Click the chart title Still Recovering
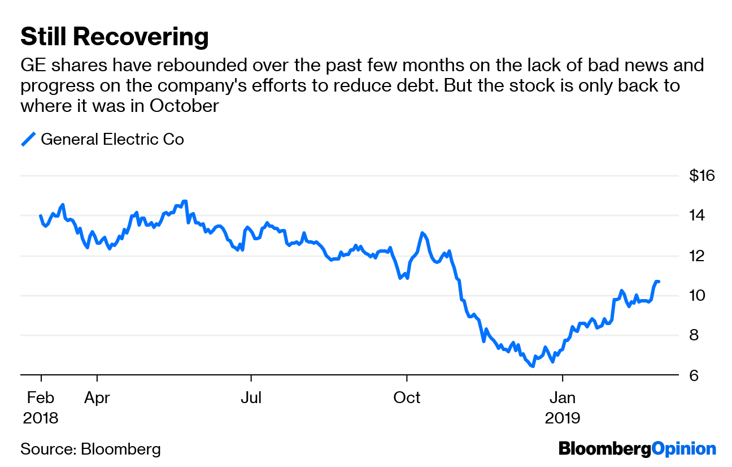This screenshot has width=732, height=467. click(x=115, y=37)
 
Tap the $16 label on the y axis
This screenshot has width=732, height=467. click(x=702, y=176)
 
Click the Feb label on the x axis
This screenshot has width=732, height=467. click(x=41, y=398)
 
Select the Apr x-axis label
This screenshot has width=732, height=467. click(x=97, y=398)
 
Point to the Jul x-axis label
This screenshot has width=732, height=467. click(x=251, y=398)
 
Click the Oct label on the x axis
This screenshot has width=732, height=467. click(x=407, y=398)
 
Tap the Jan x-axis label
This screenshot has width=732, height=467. click(x=563, y=398)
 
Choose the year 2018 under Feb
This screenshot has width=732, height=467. click(x=41, y=418)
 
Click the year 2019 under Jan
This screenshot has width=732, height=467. click(x=563, y=418)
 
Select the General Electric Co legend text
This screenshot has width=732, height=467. click(x=112, y=139)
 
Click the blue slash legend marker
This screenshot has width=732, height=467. click(x=28, y=139)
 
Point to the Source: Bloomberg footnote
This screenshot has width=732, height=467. click(x=90, y=449)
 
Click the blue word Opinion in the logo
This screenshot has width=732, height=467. click(x=684, y=449)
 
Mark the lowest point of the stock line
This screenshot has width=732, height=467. click(x=532, y=366)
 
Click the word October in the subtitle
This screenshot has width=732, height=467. click(x=184, y=106)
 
